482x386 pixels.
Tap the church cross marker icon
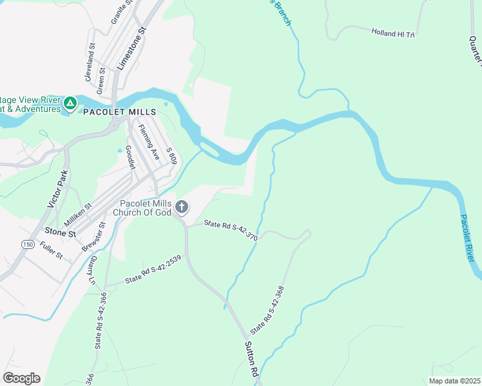click(182, 207)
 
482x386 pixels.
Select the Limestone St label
click(132, 49)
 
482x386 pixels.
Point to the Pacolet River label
click(470, 237)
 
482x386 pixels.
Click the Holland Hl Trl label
click(393, 33)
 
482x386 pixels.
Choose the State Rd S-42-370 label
click(231, 230)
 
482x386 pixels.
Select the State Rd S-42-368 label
click(267, 309)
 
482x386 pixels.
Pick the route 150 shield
click(28, 244)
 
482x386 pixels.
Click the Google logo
click(21, 378)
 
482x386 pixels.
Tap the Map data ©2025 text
click(454, 381)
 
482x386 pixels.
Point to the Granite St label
click(122, 12)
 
